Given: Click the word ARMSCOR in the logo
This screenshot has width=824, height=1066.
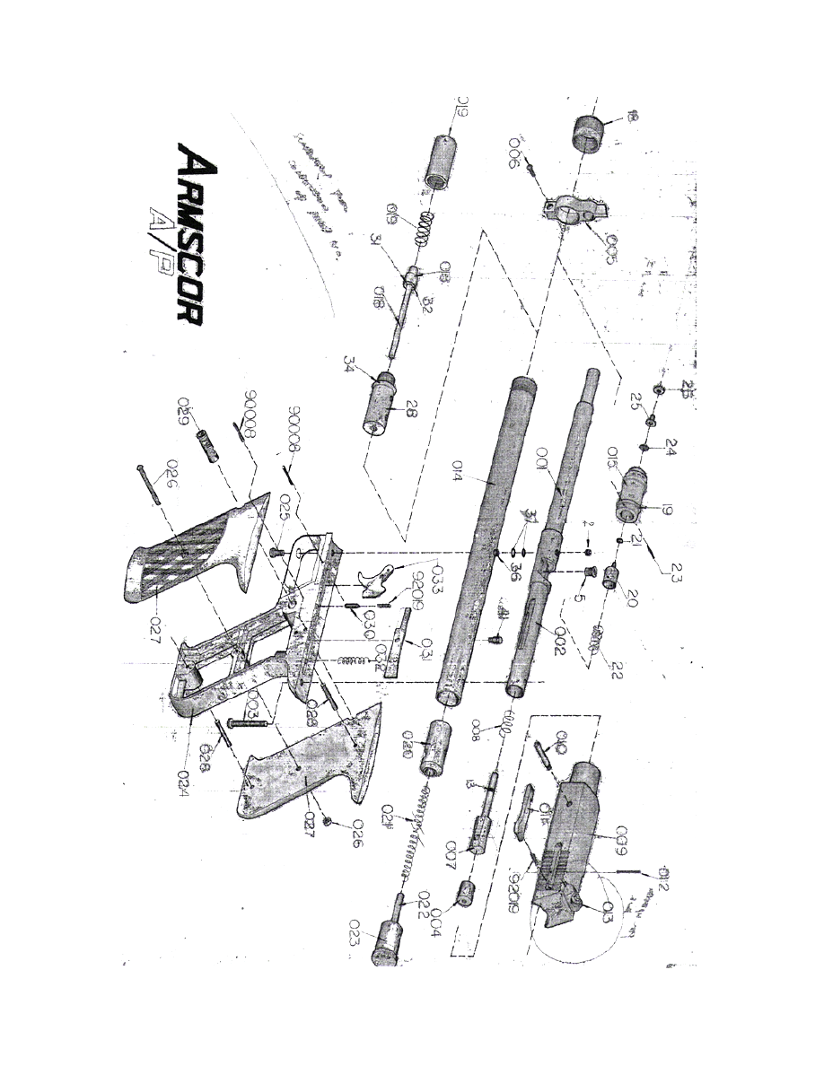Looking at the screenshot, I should pyautogui.click(x=194, y=246).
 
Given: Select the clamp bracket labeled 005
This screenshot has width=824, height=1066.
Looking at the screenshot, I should pyautogui.click(x=574, y=209).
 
